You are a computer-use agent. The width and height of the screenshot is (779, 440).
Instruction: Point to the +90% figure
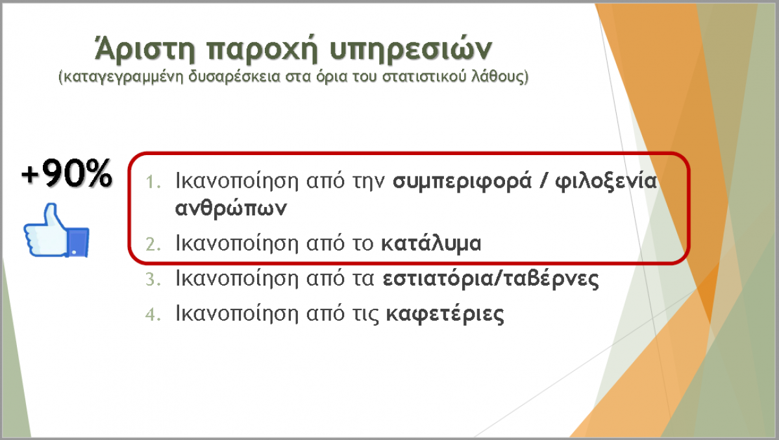[x=67, y=173]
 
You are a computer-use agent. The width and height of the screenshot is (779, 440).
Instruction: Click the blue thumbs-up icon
[x=56, y=230]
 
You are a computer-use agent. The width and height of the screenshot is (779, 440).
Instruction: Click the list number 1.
[x=153, y=182]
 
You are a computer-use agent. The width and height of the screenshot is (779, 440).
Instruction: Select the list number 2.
[x=153, y=244]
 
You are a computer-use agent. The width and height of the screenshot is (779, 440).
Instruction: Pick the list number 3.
[x=153, y=279]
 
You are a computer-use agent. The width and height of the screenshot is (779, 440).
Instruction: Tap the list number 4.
[x=153, y=315]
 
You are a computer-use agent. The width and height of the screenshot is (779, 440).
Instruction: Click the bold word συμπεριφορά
[x=462, y=182]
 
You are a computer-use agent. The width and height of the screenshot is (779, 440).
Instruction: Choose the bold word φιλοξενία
[x=606, y=182]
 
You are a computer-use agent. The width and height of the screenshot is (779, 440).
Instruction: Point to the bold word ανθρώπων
[x=231, y=208]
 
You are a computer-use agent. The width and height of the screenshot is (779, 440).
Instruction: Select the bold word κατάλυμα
[x=431, y=243]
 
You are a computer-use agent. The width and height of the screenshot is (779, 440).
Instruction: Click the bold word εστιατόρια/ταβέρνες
[x=491, y=278]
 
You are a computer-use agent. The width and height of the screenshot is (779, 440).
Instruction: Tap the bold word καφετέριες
[x=445, y=314]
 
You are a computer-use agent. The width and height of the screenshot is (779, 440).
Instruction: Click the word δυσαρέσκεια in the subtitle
[x=234, y=77]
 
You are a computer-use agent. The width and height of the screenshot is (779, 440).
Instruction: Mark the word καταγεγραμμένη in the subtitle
[x=124, y=77]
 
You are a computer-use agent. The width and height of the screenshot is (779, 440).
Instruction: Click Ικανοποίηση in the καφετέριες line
[x=237, y=314]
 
